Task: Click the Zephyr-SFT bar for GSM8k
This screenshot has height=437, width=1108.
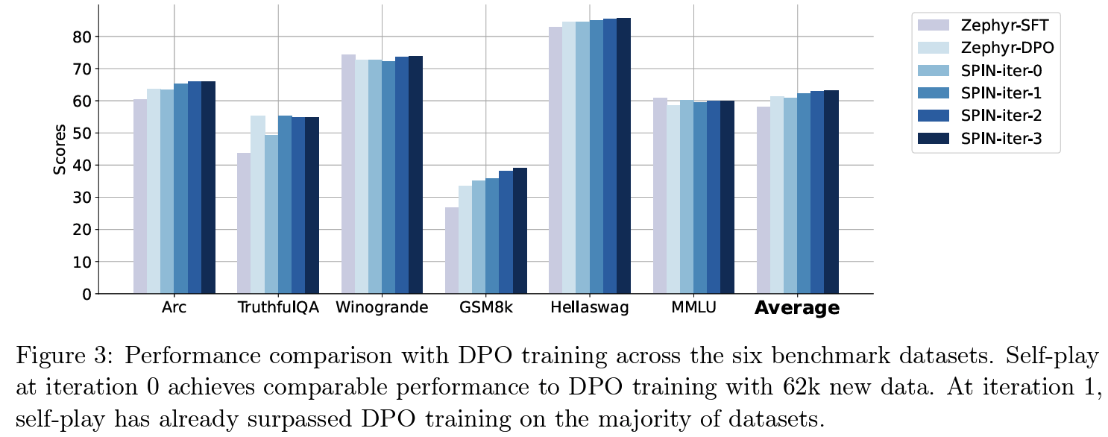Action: click(452, 251)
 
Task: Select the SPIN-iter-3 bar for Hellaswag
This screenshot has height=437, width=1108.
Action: click(623, 156)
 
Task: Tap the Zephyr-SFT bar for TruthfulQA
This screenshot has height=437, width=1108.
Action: click(244, 224)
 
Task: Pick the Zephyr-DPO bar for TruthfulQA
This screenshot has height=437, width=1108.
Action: click(257, 205)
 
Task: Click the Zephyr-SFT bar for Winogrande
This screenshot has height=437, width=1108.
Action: click(347, 175)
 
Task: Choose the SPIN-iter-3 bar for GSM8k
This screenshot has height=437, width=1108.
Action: click(520, 231)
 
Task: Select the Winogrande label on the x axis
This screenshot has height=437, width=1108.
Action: click(382, 309)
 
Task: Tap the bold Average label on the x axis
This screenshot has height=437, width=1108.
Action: click(797, 309)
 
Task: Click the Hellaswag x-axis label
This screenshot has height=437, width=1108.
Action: click(589, 309)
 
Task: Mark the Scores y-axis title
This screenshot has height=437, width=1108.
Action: click(60, 150)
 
